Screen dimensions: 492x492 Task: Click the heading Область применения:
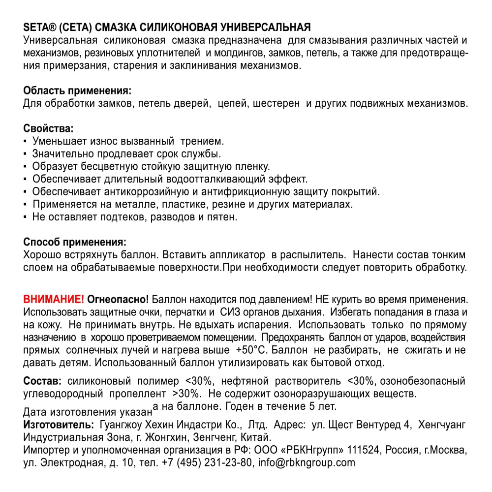77,91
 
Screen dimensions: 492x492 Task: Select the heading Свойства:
48,129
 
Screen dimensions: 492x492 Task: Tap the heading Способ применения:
74,242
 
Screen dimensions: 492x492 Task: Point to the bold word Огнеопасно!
118,299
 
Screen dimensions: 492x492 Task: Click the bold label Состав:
42,381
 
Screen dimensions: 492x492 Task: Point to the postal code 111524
365,450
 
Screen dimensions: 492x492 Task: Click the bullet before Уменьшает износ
25,141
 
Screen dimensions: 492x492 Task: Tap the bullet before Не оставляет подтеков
25,216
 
